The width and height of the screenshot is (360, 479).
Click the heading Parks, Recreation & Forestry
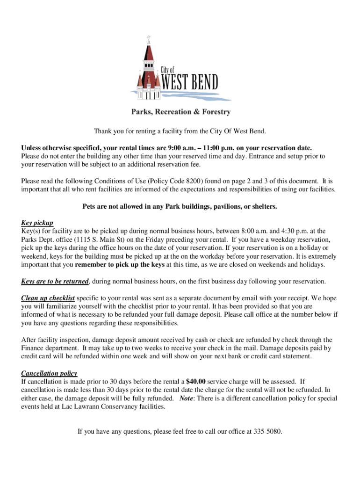180,112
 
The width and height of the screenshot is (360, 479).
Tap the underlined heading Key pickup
37,222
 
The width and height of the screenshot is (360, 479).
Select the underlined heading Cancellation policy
49,373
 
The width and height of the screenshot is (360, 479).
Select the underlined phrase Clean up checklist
48,298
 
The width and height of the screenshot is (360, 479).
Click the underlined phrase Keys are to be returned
55,282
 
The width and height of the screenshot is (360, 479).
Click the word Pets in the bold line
89,206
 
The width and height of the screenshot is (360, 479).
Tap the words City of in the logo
167,70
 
